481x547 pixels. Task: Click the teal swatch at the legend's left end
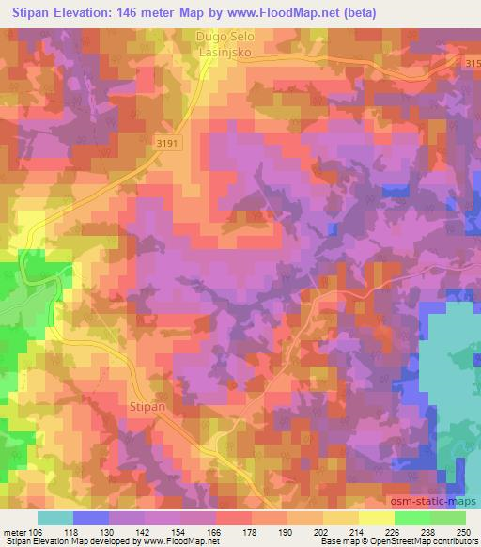(55, 518)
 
